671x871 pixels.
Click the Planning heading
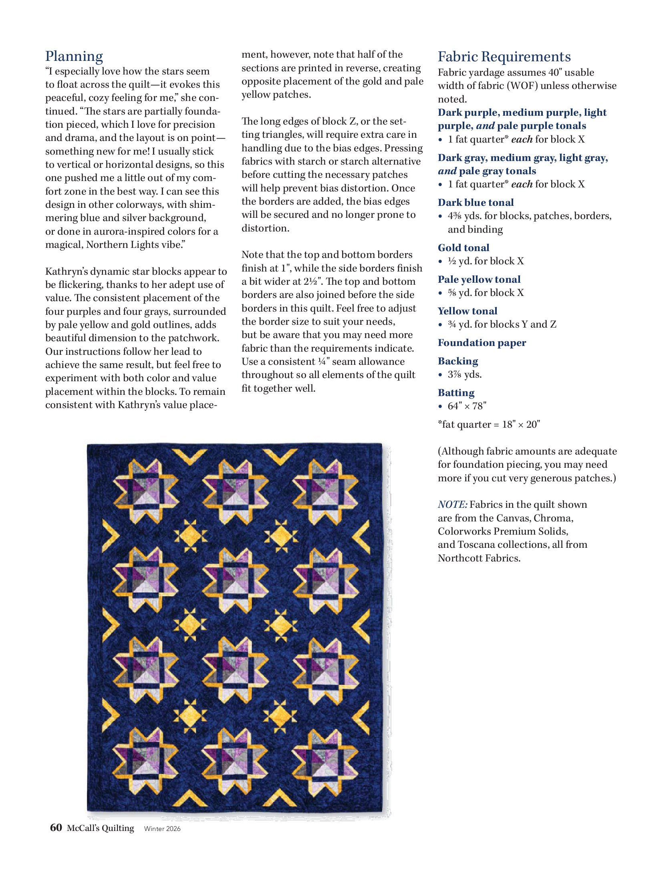(74, 56)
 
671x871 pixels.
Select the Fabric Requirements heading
(504, 57)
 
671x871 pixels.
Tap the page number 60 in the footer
(56, 828)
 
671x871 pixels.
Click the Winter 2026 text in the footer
(162, 829)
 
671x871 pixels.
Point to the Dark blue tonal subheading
(476, 202)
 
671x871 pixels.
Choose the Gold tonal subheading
(463, 247)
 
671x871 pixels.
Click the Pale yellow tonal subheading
(479, 279)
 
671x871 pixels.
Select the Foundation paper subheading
(482, 342)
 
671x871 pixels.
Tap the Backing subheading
(458, 361)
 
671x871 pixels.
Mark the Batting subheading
(456, 392)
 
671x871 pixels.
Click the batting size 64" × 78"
(467, 406)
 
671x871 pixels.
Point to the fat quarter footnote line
(489, 424)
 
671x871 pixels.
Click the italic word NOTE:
(452, 505)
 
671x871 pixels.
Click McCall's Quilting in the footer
(101, 828)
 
